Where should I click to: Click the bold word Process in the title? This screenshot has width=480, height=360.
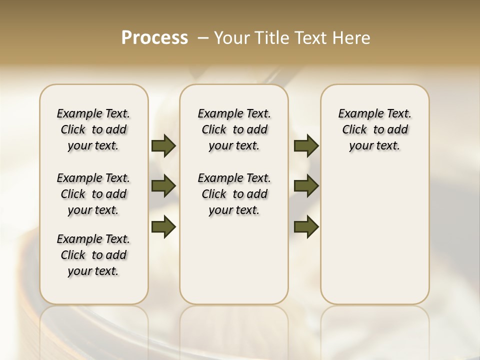pyautogui.click(x=154, y=38)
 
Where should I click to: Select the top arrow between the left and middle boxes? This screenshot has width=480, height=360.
pyautogui.click(x=163, y=146)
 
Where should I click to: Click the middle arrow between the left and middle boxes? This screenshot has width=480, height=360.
pyautogui.click(x=163, y=186)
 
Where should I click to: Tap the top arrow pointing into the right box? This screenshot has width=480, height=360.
pyautogui.click(x=306, y=146)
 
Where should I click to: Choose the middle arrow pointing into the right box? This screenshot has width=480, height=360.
pyautogui.click(x=306, y=186)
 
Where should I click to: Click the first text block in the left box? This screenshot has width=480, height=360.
pyautogui.click(x=93, y=129)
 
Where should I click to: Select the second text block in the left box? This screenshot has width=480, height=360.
pyautogui.click(x=93, y=194)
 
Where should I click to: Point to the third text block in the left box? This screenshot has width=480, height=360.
pyautogui.click(x=93, y=255)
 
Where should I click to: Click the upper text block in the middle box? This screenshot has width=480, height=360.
pyautogui.click(x=234, y=129)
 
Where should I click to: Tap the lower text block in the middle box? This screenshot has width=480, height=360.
pyautogui.click(x=234, y=194)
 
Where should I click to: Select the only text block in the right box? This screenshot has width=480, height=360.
pyautogui.click(x=374, y=129)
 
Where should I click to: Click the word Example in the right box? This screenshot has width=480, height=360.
pyautogui.click(x=357, y=114)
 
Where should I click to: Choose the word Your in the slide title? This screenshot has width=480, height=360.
pyautogui.click(x=231, y=38)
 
